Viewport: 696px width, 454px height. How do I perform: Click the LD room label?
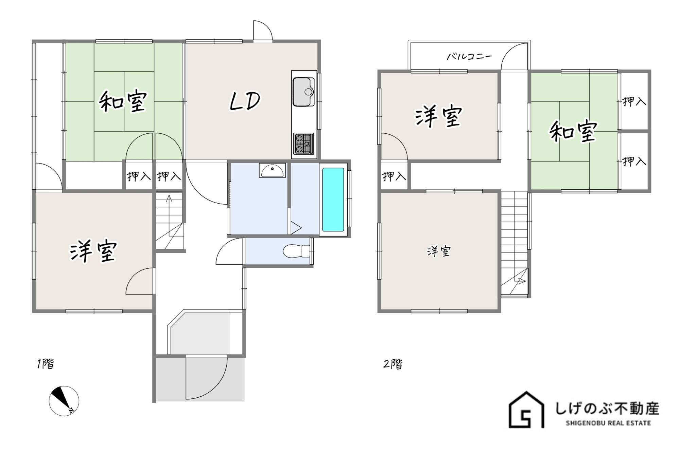click(x=245, y=101)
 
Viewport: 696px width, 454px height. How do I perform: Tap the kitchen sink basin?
click(x=303, y=92)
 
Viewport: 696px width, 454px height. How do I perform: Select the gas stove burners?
click(x=303, y=144)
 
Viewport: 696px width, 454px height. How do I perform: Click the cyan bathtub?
click(x=333, y=199)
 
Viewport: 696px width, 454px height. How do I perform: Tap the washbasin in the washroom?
click(x=272, y=170)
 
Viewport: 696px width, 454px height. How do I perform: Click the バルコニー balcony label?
click(x=469, y=56)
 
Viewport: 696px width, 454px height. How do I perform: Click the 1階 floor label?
click(x=46, y=364)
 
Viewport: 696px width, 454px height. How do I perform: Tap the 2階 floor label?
click(x=393, y=364)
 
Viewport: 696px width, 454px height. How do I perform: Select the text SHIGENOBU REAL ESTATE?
click(x=608, y=423)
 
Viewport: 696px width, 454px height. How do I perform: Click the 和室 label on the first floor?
click(x=123, y=101)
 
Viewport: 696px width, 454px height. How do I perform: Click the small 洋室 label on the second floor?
click(x=439, y=251)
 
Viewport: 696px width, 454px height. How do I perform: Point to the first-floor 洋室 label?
click(x=93, y=251)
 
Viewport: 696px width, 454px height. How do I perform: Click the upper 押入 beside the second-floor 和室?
click(x=634, y=101)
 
